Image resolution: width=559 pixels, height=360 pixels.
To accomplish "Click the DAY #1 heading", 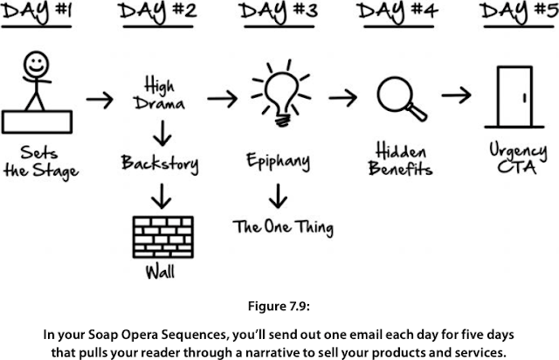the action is (37, 10).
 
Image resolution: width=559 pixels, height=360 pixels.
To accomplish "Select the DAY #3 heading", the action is (279, 10).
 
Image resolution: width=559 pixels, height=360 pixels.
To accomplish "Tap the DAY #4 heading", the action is (397, 10).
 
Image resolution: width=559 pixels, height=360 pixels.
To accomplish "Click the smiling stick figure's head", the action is (36, 65).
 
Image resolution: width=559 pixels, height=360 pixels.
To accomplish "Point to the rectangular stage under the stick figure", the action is (37, 122).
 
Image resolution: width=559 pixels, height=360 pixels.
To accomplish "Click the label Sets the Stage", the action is (41, 163).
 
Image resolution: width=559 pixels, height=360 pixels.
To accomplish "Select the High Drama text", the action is (159, 94).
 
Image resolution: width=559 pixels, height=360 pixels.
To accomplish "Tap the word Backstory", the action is (160, 163).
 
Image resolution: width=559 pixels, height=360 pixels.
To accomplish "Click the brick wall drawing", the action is (163, 237).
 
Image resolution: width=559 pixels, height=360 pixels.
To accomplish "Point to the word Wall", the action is (160, 273).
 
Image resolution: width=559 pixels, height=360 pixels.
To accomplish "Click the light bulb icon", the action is (281, 93).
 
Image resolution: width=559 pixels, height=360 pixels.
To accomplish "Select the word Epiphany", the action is (278, 162).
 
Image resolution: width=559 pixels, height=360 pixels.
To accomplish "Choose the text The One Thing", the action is (283, 228).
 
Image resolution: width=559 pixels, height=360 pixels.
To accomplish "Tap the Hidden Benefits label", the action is (400, 159).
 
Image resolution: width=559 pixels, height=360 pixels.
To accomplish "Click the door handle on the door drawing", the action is (524, 98).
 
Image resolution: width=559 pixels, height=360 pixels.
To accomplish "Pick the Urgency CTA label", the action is (518, 158).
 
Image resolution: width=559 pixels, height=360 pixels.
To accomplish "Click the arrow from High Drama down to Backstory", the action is (162, 134).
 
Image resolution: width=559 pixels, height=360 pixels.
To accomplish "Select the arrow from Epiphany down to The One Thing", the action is (278, 197).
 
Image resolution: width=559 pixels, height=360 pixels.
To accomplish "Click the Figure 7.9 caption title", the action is (279, 306).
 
